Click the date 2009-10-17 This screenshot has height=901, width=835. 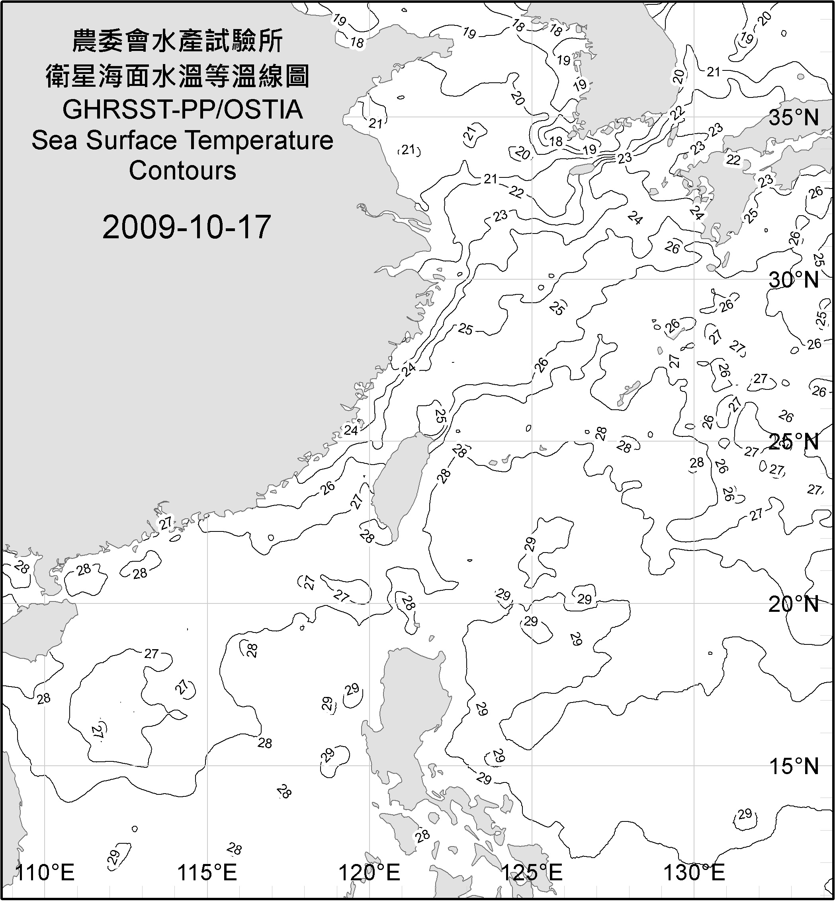tap(186, 227)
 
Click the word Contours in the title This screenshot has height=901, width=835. tap(182, 171)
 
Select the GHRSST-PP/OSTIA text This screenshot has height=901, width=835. tap(182, 110)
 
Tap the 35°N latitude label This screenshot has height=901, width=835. tap(794, 118)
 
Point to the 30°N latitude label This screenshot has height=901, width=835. tap(794, 280)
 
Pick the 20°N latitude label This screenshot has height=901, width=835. tap(794, 604)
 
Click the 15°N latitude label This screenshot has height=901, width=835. tap(794, 766)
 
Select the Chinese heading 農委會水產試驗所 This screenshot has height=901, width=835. tap(178, 41)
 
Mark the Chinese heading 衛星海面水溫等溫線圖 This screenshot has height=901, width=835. tap(178, 76)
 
